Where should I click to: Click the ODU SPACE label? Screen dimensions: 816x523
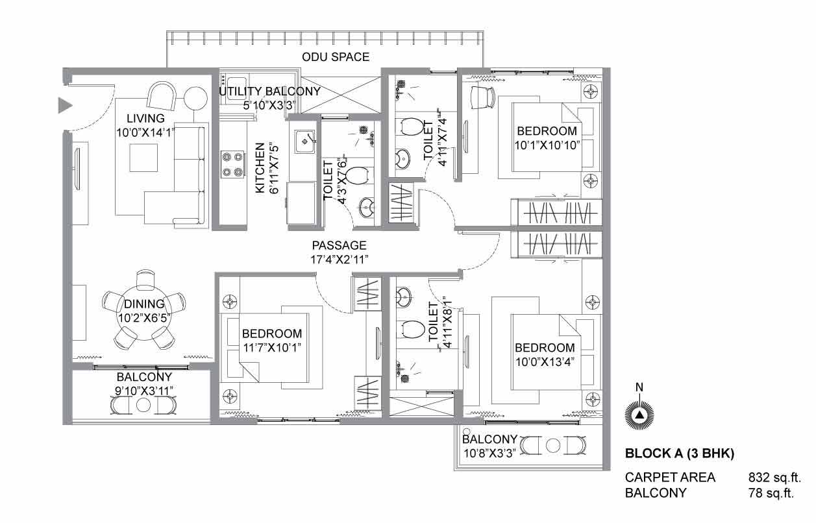tap(336, 57)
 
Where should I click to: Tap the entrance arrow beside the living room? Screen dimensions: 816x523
tap(65, 105)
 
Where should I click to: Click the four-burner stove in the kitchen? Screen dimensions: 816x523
tap(232, 164)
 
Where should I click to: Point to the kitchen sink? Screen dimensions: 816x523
tap(304, 142)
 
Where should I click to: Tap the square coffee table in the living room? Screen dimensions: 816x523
tap(143, 157)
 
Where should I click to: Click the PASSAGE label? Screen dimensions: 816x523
tap(339, 245)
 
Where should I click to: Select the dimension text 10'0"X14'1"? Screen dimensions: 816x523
tap(145, 132)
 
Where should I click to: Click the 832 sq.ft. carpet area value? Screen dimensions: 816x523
tap(774, 477)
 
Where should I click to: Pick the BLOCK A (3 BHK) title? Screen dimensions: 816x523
tap(680, 454)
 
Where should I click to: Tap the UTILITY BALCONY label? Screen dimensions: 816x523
tap(269, 91)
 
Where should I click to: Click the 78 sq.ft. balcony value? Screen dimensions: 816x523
tap(771, 493)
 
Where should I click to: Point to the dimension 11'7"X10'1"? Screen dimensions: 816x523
tap(272, 348)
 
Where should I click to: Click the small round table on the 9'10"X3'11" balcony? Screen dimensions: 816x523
tap(143, 405)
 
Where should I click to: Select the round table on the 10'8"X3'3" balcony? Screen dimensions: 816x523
tap(553, 445)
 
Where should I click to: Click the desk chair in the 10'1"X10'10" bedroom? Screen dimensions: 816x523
tap(483, 97)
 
